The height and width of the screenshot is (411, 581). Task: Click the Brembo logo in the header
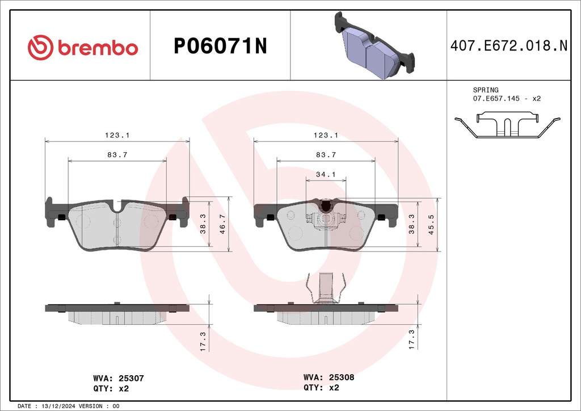[83, 48]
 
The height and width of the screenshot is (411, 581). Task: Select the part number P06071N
[220, 47]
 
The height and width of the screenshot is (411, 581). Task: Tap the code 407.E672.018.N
[509, 45]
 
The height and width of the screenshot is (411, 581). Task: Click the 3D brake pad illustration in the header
[374, 45]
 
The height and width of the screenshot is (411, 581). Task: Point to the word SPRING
[486, 90]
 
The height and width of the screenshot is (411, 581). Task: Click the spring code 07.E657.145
[496, 99]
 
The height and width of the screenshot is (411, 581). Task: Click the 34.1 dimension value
[326, 174]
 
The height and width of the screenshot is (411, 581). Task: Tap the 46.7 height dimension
[222, 224]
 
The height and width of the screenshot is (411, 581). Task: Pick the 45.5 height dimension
[431, 224]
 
